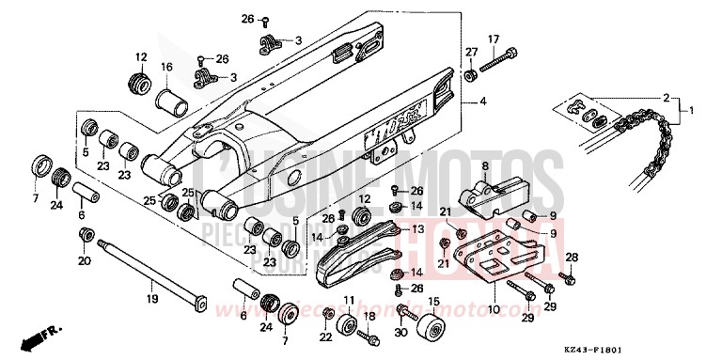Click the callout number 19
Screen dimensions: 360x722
pyautogui.click(x=151, y=300)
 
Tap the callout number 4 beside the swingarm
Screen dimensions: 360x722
pyautogui.click(x=483, y=101)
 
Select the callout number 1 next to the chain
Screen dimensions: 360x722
pyautogui.click(x=692, y=110)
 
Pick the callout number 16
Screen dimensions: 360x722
pyautogui.click(x=165, y=67)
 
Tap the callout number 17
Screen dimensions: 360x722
pyautogui.click(x=492, y=39)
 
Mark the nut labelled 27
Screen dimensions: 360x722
pyautogui.click(x=469, y=74)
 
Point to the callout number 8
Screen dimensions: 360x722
pyautogui.click(x=485, y=167)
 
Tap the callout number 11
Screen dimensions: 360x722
pyautogui.click(x=348, y=300)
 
